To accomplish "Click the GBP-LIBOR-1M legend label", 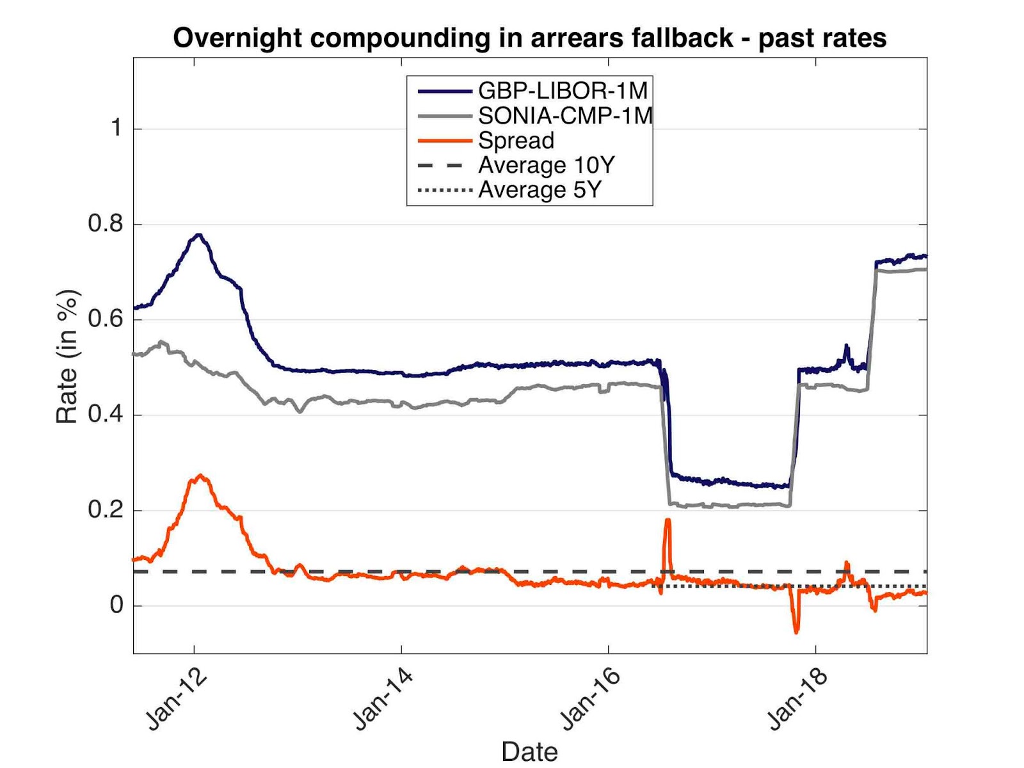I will tap(563, 91).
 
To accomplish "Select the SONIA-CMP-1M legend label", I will tap(565, 116).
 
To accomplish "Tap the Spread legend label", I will tap(516, 141).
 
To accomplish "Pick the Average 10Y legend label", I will tap(546, 165).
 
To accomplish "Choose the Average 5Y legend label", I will tap(540, 190).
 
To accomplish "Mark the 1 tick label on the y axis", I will tap(116, 128).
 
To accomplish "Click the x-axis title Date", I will tap(529, 751).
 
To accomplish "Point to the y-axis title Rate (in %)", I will tap(67, 356).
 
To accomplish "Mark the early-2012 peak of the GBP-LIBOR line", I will tap(199, 235).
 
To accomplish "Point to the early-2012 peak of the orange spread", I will tap(201, 475).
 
